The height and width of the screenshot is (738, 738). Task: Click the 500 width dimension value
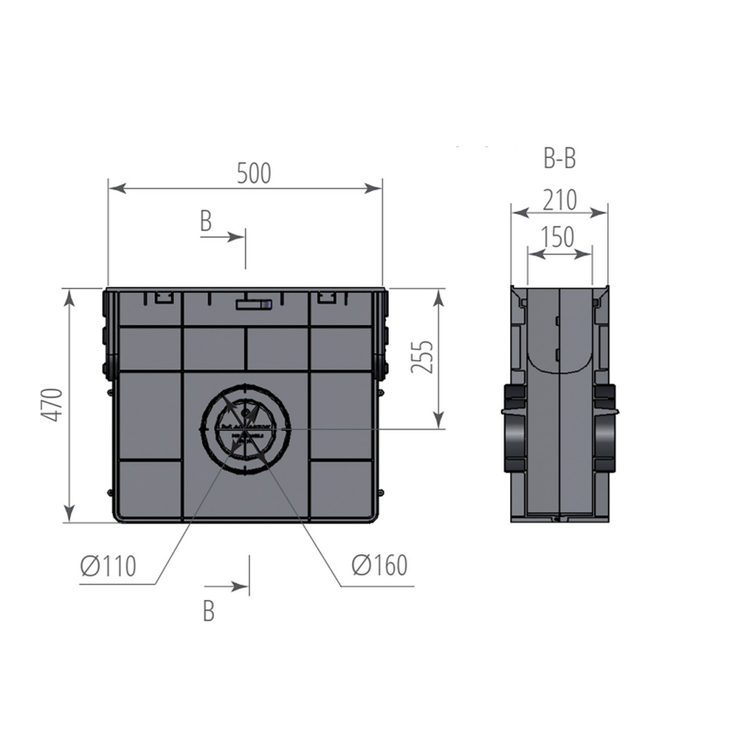[x=254, y=173]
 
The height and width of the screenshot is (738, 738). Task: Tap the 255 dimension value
[x=421, y=357]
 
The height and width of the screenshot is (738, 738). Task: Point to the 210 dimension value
[x=559, y=200]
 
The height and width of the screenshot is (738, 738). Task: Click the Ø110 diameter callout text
[x=108, y=566]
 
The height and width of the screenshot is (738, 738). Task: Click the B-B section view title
[x=559, y=158]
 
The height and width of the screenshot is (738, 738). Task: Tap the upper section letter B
[x=206, y=221]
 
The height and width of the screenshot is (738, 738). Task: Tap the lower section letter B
[x=209, y=611]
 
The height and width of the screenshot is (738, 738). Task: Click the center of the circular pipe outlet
[x=246, y=428]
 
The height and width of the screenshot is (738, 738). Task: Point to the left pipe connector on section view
[x=514, y=428]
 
